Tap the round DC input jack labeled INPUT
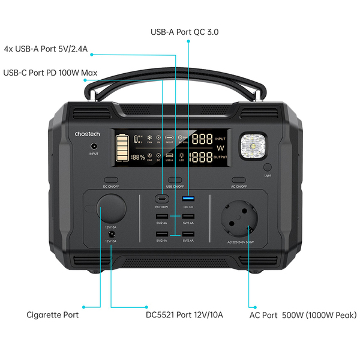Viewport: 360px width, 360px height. pyautogui.click(x=94, y=146)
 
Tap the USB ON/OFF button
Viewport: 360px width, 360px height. pyautogui.click(x=175, y=179)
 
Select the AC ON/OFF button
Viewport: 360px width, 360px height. pyautogui.click(x=239, y=179)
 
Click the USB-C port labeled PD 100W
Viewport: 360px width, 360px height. pyautogui.click(x=162, y=199)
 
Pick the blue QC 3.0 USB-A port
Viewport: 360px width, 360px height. pyautogui.click(x=188, y=199)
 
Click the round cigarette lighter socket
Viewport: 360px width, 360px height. pyautogui.click(x=112, y=209)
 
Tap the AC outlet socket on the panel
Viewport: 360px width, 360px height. pyautogui.click(x=245, y=220)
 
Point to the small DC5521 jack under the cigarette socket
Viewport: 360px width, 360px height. pyautogui.click(x=111, y=234)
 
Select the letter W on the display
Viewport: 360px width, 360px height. pyautogui.click(x=220, y=148)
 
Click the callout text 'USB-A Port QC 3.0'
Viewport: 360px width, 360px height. pyautogui.click(x=184, y=31)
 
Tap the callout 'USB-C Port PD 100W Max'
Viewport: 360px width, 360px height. pyautogui.click(x=50, y=73)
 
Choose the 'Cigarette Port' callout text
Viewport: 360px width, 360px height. pyautogui.click(x=53, y=314)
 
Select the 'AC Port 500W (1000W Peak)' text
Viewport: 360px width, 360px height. pyautogui.click(x=302, y=314)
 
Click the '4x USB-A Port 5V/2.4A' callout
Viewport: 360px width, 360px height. pyautogui.click(x=46, y=49)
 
